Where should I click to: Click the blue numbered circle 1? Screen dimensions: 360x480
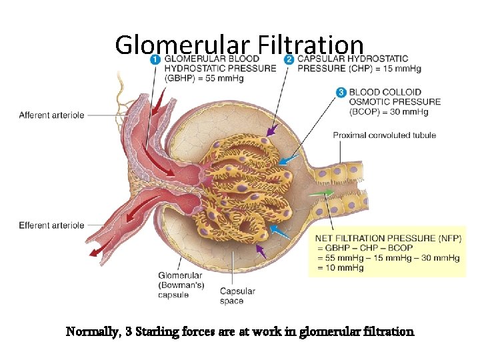155,59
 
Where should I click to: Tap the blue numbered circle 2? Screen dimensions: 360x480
289,59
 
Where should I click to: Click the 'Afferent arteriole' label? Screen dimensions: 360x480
51,115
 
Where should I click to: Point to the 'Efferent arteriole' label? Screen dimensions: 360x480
51,225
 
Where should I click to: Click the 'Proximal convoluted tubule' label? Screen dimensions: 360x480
384,135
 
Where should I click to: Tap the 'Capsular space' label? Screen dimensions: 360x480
237,296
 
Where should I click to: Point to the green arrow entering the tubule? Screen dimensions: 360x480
323,193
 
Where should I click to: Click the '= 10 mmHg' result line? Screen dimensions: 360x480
339,268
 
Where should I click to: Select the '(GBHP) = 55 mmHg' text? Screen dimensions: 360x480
203,78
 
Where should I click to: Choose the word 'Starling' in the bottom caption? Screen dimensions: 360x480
159,331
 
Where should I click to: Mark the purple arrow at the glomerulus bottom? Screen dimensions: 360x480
261,251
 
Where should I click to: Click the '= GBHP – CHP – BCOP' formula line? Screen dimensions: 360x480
364,248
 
